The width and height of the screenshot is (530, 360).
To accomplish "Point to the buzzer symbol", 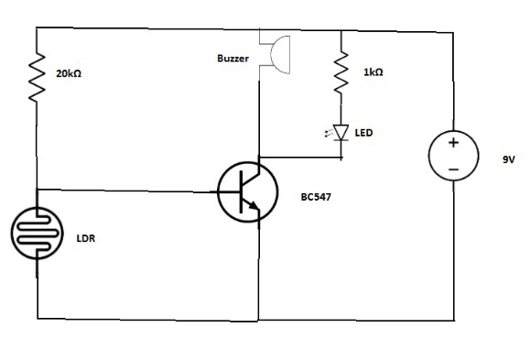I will point(271,50).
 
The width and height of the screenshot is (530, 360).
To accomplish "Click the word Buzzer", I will point(233,59).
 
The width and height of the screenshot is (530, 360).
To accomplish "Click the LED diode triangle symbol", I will point(342,134).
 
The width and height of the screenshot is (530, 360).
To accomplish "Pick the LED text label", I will point(363,134).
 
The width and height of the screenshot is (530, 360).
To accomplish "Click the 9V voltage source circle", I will point(453,156).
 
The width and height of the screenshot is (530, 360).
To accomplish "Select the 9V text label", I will point(509,159).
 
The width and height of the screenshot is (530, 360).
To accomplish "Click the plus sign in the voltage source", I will point(453,143).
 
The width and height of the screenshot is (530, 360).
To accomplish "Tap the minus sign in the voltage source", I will point(453,169).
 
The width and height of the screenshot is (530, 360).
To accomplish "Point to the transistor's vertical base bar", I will point(239,191).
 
